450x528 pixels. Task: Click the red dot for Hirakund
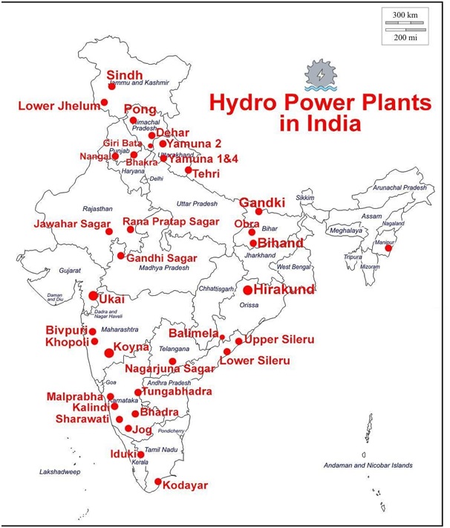click(247, 290)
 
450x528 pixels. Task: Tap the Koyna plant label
click(134, 347)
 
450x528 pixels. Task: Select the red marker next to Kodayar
click(158, 482)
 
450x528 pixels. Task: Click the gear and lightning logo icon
click(319, 74)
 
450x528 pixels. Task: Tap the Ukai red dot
click(93, 296)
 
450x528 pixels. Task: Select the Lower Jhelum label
click(59, 106)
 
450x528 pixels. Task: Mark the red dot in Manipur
click(388, 248)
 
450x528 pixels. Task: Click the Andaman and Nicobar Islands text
click(367, 466)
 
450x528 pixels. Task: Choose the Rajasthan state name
click(97, 209)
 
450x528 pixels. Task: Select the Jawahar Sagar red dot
click(109, 232)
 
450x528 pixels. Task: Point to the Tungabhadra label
click(177, 391)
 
